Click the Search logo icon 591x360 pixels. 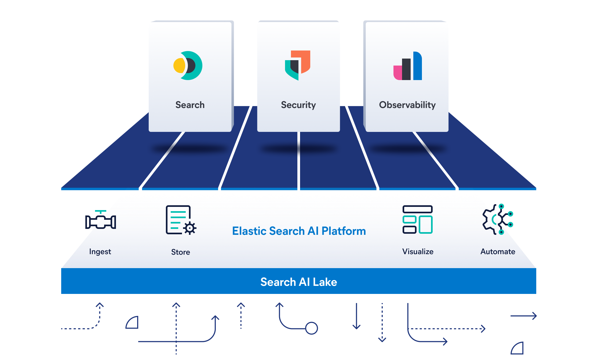click(x=188, y=66)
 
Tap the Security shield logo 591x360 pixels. click(x=298, y=65)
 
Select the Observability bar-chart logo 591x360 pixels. click(x=408, y=66)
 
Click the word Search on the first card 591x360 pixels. click(x=190, y=105)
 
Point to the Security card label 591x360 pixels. click(x=298, y=105)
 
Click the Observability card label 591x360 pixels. click(x=407, y=105)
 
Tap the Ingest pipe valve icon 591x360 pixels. click(x=101, y=219)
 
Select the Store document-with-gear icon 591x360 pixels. click(x=181, y=220)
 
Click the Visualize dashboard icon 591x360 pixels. click(x=418, y=219)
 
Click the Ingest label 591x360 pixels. click(x=100, y=252)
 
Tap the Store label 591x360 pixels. click(x=181, y=252)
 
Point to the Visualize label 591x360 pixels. click(x=418, y=251)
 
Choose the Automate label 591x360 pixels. click(x=498, y=251)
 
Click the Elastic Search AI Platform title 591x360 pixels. click(x=299, y=231)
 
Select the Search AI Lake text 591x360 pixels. click(x=299, y=282)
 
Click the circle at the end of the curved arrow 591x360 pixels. click(x=312, y=328)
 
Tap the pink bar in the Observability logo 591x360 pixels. click(x=397, y=73)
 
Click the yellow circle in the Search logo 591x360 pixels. click(x=179, y=66)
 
